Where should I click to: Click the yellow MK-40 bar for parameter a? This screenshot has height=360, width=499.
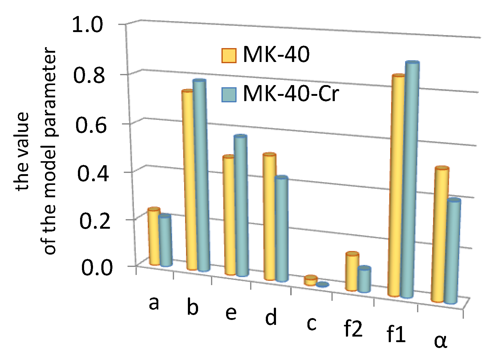pyautogui.click(x=154, y=237)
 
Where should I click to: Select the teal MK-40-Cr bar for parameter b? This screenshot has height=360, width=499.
pyautogui.click(x=202, y=176)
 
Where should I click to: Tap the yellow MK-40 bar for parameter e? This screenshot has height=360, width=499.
pyautogui.click(x=229, y=216)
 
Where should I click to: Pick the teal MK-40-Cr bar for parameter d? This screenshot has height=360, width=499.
pyautogui.click(x=282, y=230)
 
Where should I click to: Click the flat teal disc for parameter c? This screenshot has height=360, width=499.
pyautogui.click(x=323, y=284)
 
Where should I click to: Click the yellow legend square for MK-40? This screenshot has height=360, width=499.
pyautogui.click(x=229, y=55)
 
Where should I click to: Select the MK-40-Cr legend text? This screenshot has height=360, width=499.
pyautogui.click(x=291, y=94)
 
